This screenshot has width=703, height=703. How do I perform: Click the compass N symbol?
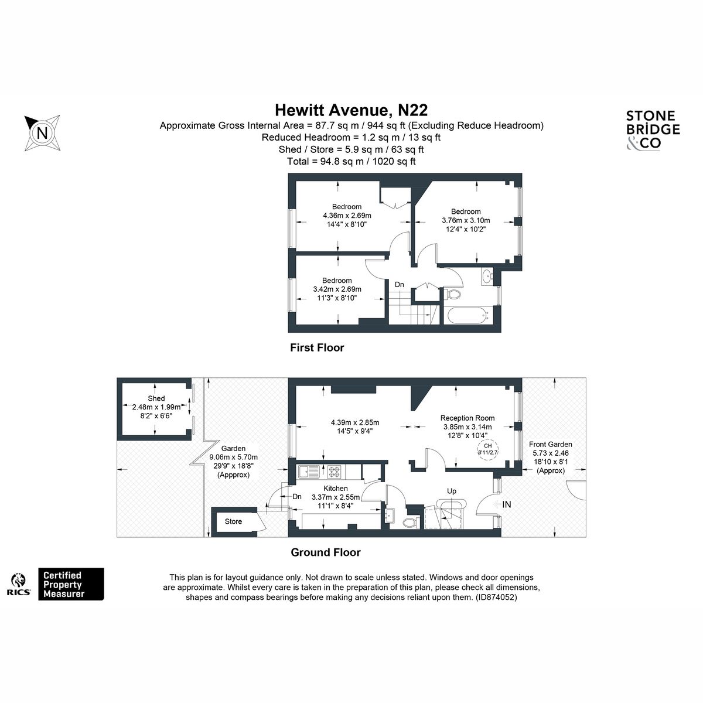coord(42,132)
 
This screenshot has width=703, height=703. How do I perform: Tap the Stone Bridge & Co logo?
coord(653,130)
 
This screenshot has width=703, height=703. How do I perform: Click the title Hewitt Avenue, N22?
coord(351,110)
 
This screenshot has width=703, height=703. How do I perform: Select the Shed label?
coord(156,398)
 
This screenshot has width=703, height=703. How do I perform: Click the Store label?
coord(233,521)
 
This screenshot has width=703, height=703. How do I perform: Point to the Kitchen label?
coord(335,488)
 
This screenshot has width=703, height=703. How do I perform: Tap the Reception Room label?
coord(467,418)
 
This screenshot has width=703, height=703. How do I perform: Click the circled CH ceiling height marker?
coord(488,449)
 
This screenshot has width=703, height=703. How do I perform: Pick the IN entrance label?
coord(506,504)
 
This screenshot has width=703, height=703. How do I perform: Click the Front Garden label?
coord(551,444)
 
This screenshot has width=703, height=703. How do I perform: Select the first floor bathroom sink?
coord(487,277)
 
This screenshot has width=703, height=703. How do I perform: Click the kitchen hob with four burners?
coord(334,472)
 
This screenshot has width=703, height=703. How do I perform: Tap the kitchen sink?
coord(309,472)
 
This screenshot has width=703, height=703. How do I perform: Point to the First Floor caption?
coord(317,347)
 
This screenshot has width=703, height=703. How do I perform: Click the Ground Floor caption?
coord(326,552)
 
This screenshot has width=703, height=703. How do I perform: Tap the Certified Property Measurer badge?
coord(71,584)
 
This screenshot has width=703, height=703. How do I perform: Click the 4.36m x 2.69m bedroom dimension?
coord(347,216)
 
